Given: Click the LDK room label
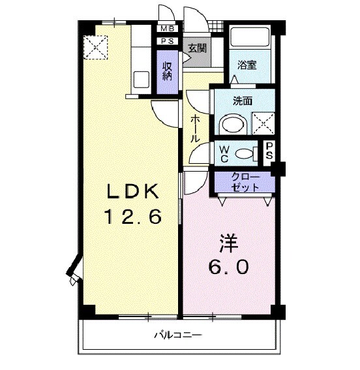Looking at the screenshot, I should click(134, 191).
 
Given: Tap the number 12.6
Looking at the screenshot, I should click(134, 217).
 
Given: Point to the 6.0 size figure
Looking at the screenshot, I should click(228, 267).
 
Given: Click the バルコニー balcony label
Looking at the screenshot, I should click(177, 335).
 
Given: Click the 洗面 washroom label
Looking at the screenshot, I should click(243, 101).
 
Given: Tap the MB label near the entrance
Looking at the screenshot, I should click(168, 29).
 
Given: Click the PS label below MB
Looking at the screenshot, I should click(168, 42).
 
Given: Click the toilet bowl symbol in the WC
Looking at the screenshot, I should click(244, 153).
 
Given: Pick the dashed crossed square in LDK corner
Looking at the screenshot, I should click(95, 46).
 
